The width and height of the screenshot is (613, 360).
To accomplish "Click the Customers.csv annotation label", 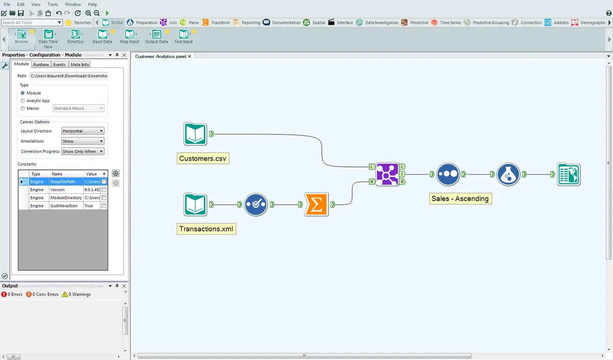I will pyautogui.click(x=203, y=159).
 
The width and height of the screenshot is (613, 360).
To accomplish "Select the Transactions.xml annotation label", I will pyautogui.click(x=206, y=229).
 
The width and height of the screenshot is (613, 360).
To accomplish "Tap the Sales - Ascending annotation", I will pyautogui.click(x=460, y=199).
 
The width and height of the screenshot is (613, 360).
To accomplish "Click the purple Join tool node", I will pyautogui.click(x=387, y=174).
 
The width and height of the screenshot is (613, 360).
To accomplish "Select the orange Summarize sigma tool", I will pyautogui.click(x=316, y=204).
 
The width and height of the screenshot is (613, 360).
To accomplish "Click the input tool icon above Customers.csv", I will pyautogui.click(x=195, y=134).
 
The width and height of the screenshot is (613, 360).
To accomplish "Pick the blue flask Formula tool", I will pyautogui.click(x=508, y=174).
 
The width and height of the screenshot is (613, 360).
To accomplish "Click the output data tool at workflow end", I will pyautogui.click(x=569, y=174).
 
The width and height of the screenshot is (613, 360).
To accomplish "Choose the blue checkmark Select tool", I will pyautogui.click(x=255, y=204).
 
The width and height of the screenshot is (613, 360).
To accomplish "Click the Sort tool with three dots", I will pyautogui.click(x=448, y=174).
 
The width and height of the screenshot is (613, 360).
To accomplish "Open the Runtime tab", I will pyautogui.click(x=41, y=65).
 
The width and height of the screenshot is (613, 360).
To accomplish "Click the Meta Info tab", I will pyautogui.click(x=80, y=65).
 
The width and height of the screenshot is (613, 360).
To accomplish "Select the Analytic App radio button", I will pyautogui.click(x=22, y=101).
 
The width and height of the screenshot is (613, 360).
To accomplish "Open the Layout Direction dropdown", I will pyautogui.click(x=82, y=131).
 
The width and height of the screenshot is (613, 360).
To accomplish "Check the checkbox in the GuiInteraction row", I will pyautogui.click(x=104, y=206).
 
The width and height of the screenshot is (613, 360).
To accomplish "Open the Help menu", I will pyautogui.click(x=92, y=4).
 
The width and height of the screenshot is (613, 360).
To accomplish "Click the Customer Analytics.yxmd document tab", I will pyautogui.click(x=160, y=56).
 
